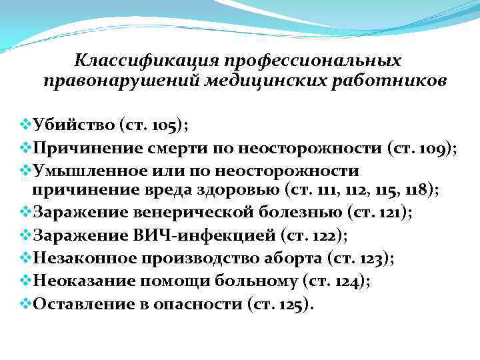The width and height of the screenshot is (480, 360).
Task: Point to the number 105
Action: [164, 125]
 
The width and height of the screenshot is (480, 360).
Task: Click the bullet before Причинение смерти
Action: [27, 147]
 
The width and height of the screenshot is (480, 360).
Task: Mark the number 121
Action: [393, 213]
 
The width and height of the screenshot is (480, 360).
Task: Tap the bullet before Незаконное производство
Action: [27, 259]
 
